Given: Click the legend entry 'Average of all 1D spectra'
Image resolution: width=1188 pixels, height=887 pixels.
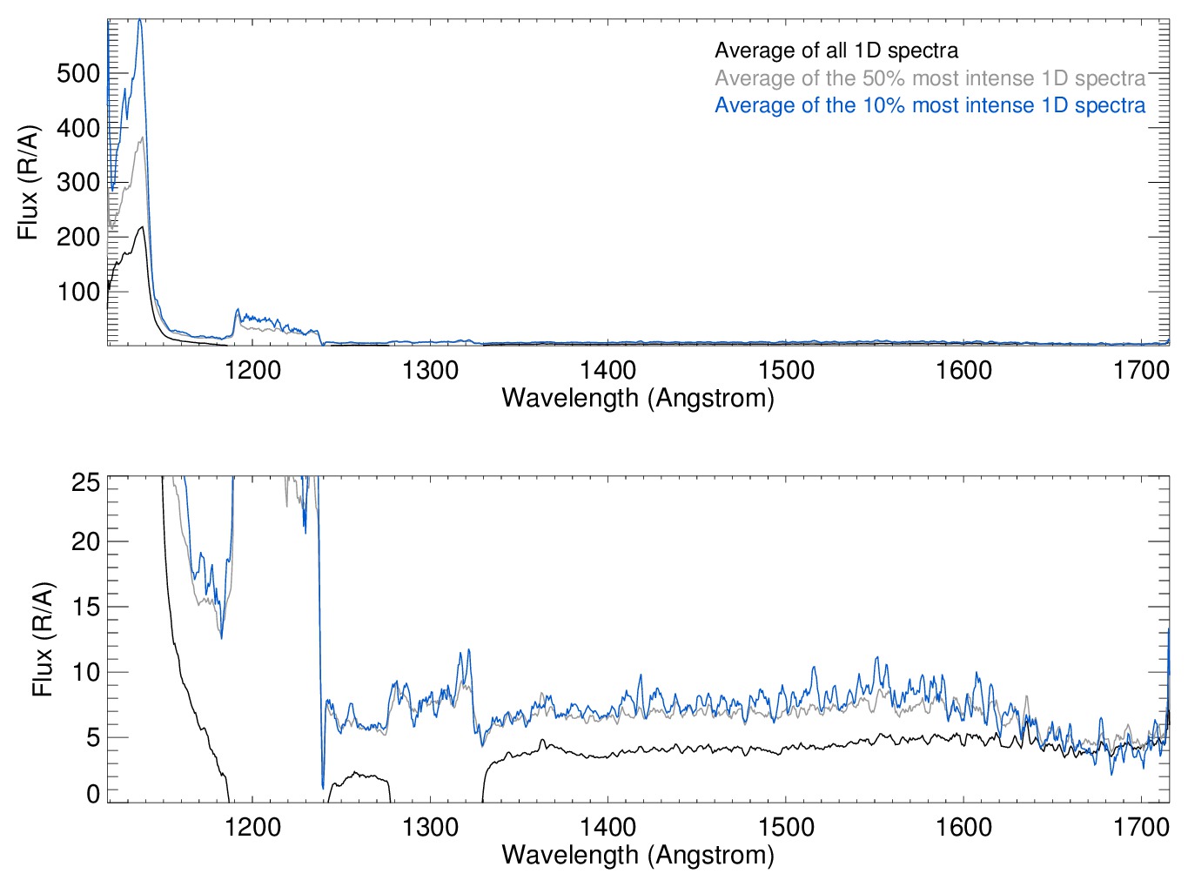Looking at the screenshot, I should [x=836, y=50].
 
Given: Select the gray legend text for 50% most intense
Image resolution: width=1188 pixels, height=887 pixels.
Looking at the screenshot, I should [x=930, y=78].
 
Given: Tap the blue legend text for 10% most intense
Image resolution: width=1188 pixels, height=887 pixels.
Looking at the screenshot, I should [x=930, y=105].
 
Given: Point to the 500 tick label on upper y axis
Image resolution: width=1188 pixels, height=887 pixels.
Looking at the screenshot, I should [x=78, y=73].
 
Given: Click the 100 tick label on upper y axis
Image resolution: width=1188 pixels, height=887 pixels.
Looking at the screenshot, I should [x=78, y=292].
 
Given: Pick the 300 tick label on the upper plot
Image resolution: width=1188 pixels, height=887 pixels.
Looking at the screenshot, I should [x=78, y=183].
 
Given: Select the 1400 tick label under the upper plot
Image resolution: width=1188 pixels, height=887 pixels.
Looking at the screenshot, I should [x=607, y=370].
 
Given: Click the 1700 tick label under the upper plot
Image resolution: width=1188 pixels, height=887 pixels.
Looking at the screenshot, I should [x=1140, y=370].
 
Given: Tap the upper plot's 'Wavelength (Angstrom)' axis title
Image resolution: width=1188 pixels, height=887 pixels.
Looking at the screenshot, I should [x=638, y=398].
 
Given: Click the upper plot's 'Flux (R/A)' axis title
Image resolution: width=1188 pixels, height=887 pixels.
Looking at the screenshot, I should [x=29, y=183].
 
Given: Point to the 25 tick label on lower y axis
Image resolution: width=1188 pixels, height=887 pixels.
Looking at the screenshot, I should [x=85, y=482].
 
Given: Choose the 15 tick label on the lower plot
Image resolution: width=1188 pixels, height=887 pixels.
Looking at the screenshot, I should [x=85, y=607].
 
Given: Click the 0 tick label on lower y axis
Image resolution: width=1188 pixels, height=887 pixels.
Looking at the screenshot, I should [x=92, y=794].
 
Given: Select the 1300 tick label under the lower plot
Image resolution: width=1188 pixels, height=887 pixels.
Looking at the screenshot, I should [x=430, y=826].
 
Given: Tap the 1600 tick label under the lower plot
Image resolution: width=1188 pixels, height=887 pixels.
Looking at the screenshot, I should [x=963, y=826].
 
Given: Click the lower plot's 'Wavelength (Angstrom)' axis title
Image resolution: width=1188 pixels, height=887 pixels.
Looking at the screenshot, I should [x=638, y=854].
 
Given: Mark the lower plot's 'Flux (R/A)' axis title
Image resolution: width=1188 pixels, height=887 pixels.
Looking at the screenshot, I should [x=43, y=640].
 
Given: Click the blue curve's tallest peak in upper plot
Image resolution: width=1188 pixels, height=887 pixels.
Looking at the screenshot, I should [x=139, y=21].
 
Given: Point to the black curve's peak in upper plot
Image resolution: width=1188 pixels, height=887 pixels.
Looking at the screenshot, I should [x=142, y=227].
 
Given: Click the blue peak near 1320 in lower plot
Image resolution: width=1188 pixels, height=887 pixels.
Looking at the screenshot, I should [x=469, y=650].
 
